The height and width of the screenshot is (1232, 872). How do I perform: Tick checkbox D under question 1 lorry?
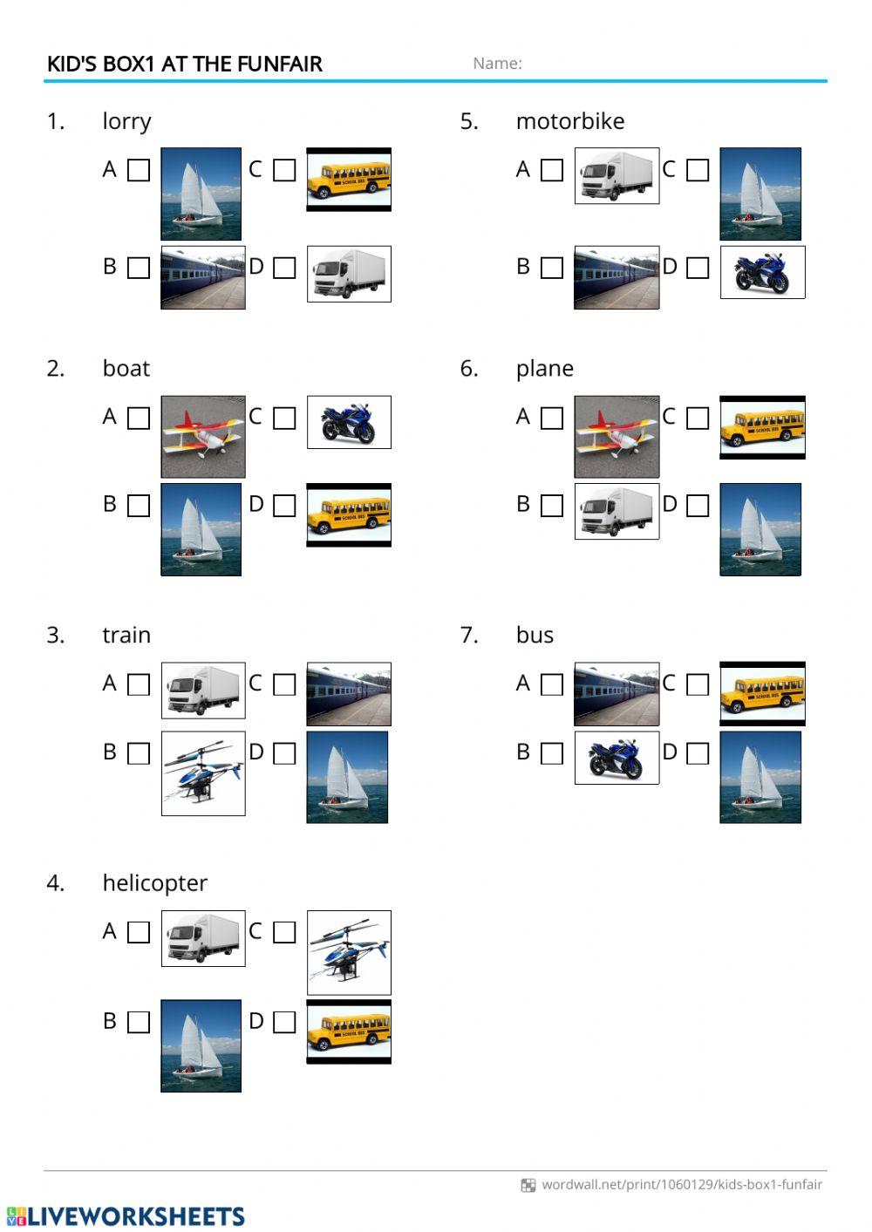[284, 268]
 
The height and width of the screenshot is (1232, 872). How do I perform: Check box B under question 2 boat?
[138, 506]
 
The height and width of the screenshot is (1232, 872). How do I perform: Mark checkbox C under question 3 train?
[284, 684]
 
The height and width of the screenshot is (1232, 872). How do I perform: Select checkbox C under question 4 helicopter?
[284, 932]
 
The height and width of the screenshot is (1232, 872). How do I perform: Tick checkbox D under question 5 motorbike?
[698, 268]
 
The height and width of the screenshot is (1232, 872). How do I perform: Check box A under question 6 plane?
[552, 418]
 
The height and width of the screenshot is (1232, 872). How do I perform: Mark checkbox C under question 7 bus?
[698, 684]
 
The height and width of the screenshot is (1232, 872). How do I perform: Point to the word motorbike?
[570, 121]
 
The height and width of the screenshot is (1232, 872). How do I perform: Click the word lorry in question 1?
[127, 122]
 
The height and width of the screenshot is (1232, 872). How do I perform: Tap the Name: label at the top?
[497, 64]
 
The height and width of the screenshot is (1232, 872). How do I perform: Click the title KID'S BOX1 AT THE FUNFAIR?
[184, 64]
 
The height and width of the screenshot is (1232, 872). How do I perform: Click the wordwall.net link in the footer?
[682, 1184]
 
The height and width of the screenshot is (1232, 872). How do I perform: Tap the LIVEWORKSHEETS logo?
[126, 1216]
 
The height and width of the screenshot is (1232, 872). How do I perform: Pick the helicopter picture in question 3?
[203, 773]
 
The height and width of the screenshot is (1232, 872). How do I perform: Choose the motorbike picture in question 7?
[617, 758]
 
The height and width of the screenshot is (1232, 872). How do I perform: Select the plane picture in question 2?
[203, 437]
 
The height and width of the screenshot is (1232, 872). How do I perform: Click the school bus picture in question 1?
[349, 180]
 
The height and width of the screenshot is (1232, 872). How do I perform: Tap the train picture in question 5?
[617, 277]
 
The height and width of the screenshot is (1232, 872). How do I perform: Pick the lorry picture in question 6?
[617, 511]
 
